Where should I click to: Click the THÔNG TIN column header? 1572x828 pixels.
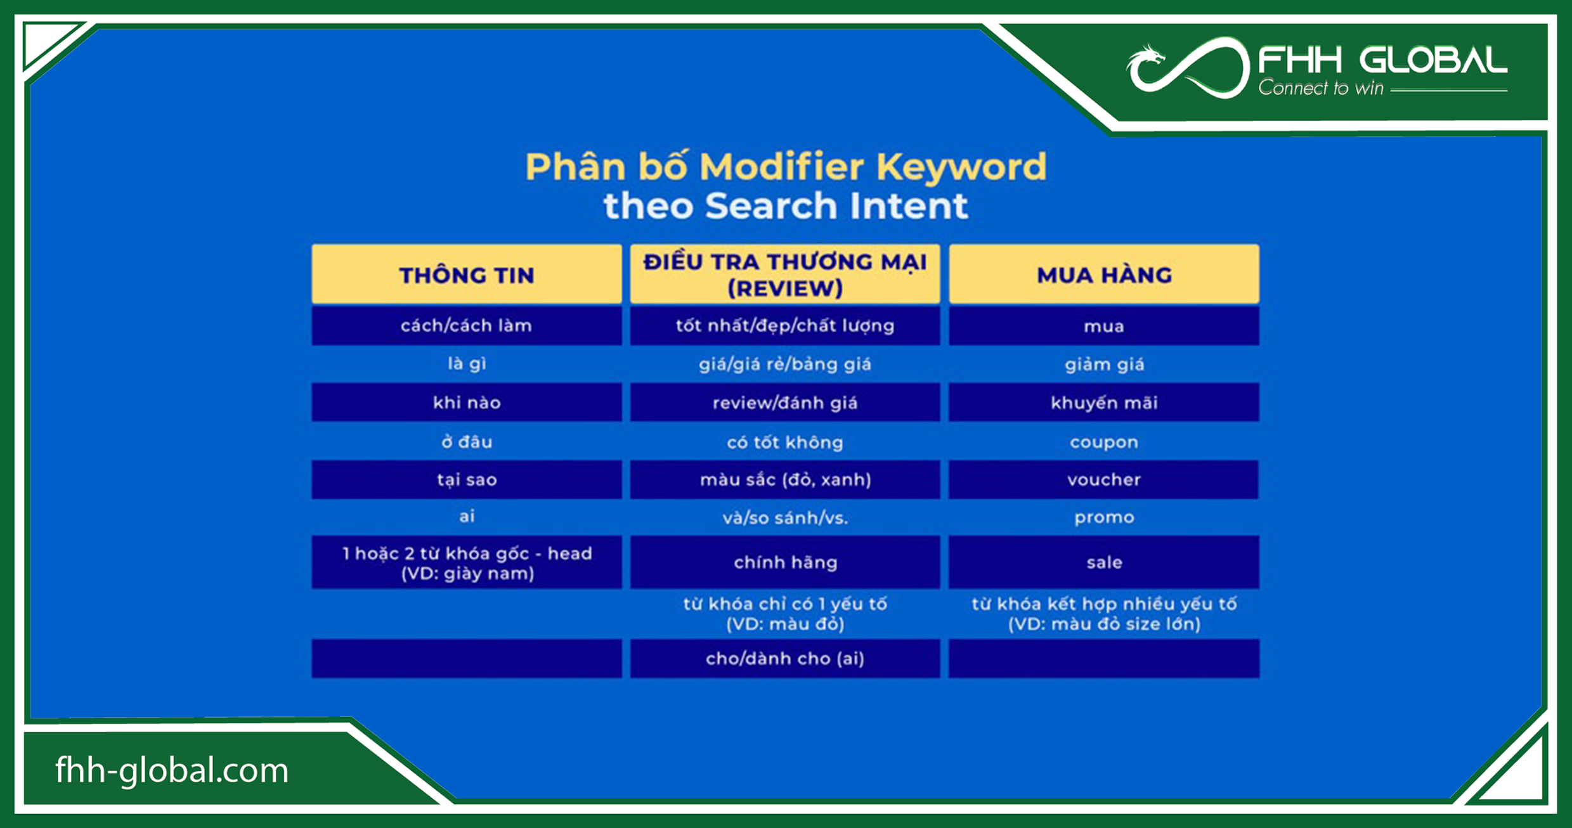[x=467, y=275]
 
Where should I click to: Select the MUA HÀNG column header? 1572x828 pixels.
[x=1104, y=275]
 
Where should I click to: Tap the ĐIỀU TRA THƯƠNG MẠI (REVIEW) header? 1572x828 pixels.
[x=785, y=275]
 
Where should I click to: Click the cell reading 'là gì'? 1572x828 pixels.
[x=467, y=364]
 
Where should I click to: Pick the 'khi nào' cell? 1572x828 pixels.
[x=467, y=403]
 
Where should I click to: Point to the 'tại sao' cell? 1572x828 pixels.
[x=467, y=479]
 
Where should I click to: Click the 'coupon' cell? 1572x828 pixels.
[x=1104, y=442]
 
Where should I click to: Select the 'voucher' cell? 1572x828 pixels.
[x=1104, y=479]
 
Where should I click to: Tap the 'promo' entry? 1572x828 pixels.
[x=1104, y=517]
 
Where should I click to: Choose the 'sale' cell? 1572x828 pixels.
[x=1104, y=562]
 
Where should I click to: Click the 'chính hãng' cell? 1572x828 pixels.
[x=785, y=562]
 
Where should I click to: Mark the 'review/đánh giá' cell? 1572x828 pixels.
[x=785, y=403]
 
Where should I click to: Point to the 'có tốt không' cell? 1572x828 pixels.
[x=785, y=442]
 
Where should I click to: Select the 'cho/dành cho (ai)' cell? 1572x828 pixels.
[x=785, y=658]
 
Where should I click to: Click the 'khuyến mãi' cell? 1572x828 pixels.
[x=1104, y=403]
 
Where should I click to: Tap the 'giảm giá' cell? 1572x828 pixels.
[x=1104, y=364]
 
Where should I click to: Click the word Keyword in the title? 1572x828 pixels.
[x=961, y=167]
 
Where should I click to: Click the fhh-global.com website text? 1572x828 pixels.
[x=172, y=770]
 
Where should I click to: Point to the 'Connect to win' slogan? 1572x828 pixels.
[x=1320, y=88]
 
